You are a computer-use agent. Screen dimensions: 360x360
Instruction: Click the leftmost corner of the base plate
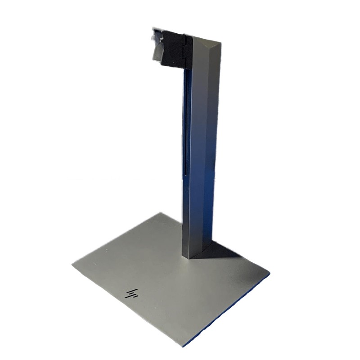click(x=72, y=264)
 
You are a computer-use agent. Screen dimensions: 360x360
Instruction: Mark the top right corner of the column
click(x=221, y=44)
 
